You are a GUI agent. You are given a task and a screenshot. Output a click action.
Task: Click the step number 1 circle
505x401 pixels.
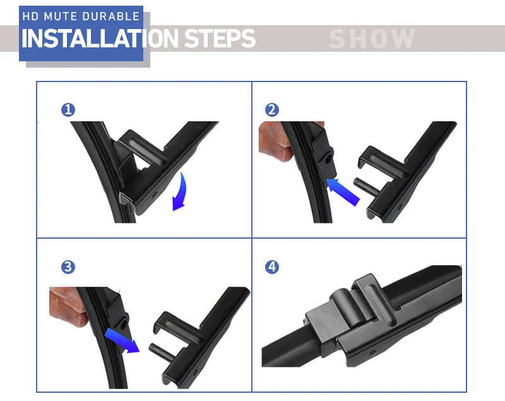(68, 110)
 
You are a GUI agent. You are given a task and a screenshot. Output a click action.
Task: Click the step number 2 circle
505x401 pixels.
(272, 110)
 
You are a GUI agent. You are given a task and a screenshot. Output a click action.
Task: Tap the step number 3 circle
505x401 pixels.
(68, 267)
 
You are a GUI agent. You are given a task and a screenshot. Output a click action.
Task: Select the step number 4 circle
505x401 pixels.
(272, 267)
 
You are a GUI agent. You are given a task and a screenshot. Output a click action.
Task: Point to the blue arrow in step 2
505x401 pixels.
(343, 192)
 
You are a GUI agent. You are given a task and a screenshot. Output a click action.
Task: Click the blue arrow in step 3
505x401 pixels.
(122, 340)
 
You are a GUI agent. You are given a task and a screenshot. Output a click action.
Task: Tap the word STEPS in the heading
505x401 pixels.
(220, 39)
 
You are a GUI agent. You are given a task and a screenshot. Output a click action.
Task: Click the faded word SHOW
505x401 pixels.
(372, 39)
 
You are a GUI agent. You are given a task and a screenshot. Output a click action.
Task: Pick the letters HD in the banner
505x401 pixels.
(30, 16)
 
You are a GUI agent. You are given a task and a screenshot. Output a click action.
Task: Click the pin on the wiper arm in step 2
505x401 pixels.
(366, 186)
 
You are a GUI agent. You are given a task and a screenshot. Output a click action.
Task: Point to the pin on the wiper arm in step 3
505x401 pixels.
(162, 352)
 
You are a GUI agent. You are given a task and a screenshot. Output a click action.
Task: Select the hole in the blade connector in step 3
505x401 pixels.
(124, 324)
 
